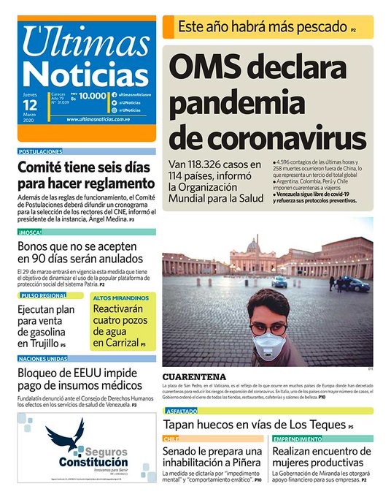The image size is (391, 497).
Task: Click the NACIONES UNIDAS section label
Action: (43, 358)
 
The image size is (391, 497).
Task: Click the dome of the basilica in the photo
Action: (252, 245)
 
